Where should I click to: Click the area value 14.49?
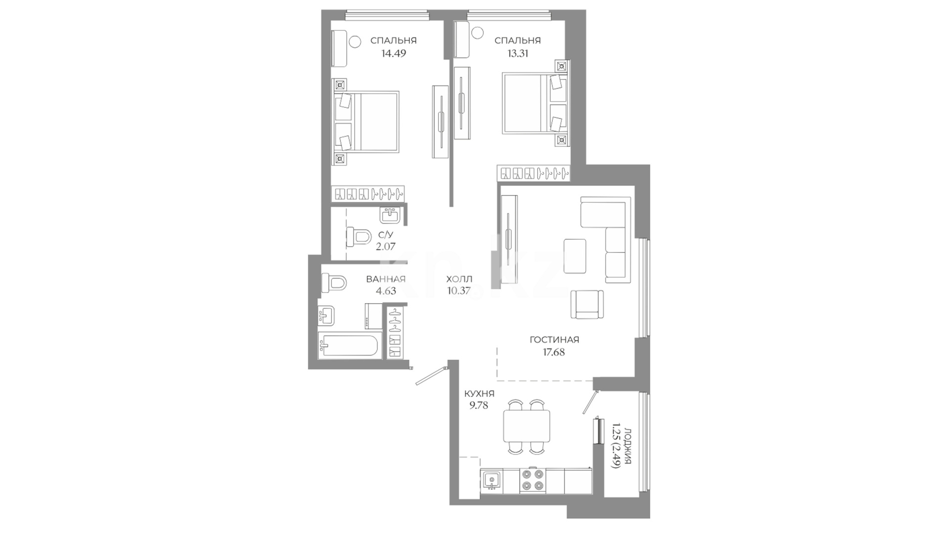(x=393, y=53)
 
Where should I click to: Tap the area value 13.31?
(x=518, y=53)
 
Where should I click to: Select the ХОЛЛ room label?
(x=459, y=279)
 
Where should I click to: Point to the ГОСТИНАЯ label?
(x=554, y=340)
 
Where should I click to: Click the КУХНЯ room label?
(x=479, y=394)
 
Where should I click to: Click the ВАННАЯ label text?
(x=386, y=279)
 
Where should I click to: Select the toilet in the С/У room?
(x=359, y=237)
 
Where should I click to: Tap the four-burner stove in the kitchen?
(x=533, y=480)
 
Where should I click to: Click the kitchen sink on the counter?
(x=491, y=480)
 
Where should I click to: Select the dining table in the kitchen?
(x=526, y=426)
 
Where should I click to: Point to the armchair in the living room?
(x=587, y=304)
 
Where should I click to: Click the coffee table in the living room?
(x=574, y=256)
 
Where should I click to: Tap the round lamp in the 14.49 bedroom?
(x=355, y=42)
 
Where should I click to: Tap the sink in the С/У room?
(x=390, y=216)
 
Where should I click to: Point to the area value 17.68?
(x=554, y=353)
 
